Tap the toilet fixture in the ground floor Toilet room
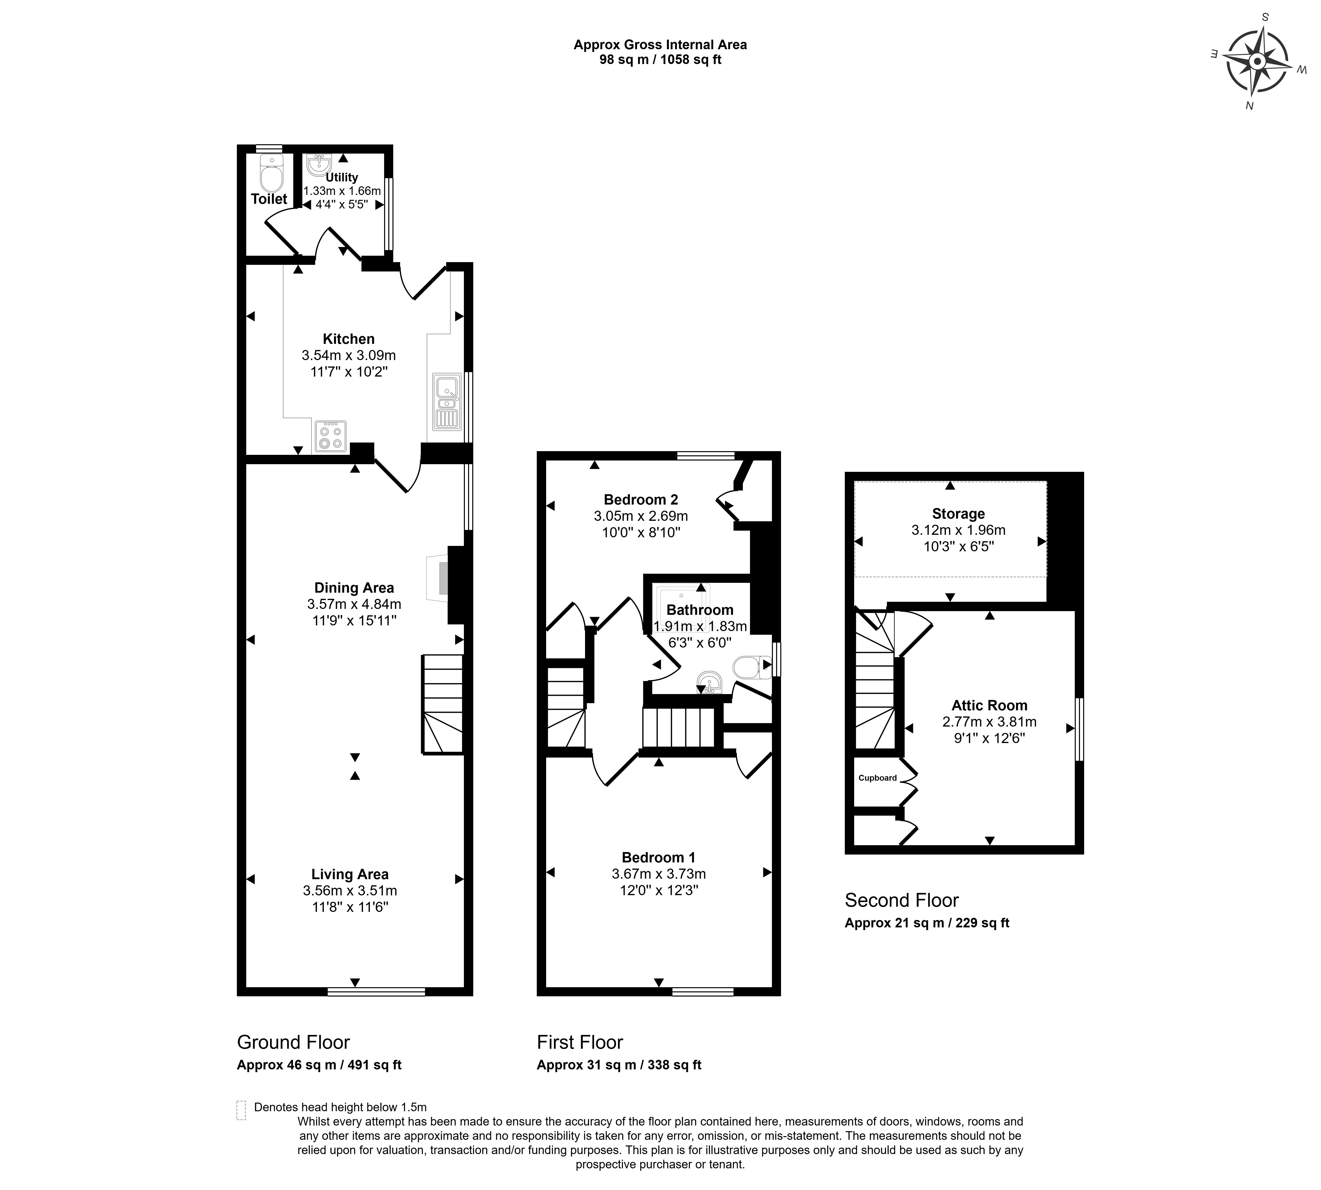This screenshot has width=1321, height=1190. point(271,172)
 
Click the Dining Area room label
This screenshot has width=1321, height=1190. point(354,587)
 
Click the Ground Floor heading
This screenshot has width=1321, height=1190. point(294,1042)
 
